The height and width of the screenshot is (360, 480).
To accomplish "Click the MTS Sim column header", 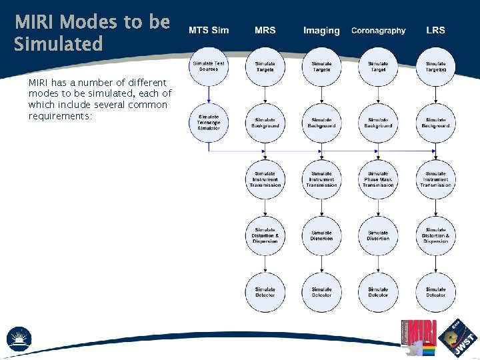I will pyautogui.click(x=209, y=31).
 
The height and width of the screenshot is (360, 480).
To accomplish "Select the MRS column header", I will pyautogui.click(x=265, y=31).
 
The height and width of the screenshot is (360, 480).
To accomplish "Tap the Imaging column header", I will pyautogui.click(x=321, y=31).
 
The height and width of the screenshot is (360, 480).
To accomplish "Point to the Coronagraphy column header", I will pyautogui.click(x=378, y=31).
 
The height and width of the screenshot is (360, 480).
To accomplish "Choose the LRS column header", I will pyautogui.click(x=435, y=31).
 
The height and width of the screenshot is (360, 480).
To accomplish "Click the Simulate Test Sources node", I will pyautogui.click(x=209, y=66).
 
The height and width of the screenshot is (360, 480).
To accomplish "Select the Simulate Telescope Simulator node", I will pyautogui.click(x=209, y=123).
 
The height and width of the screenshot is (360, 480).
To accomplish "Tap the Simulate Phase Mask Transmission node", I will pyautogui.click(x=378, y=179).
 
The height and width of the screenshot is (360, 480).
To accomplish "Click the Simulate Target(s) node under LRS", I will pyautogui.click(x=435, y=66).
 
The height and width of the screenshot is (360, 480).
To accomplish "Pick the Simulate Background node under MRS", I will pyautogui.click(x=265, y=123).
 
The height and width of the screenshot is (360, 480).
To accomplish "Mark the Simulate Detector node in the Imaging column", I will pyautogui.click(x=321, y=292).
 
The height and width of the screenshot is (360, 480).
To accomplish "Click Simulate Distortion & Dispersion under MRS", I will pyautogui.click(x=265, y=235).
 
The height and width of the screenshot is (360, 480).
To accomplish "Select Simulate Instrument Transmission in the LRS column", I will pyautogui.click(x=435, y=179).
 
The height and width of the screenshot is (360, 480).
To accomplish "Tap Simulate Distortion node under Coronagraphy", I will pyautogui.click(x=378, y=235).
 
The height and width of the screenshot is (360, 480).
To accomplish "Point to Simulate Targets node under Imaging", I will pyautogui.click(x=321, y=66).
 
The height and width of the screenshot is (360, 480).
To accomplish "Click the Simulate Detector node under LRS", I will pyautogui.click(x=435, y=292).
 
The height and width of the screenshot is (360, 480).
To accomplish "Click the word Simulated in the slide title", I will pyautogui.click(x=59, y=45).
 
